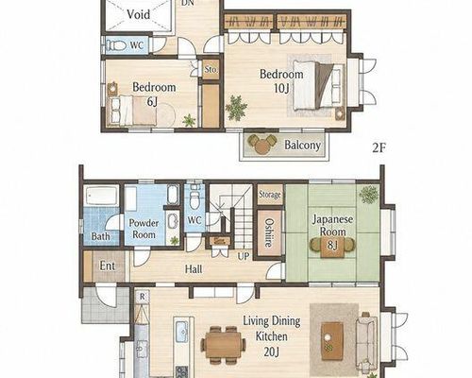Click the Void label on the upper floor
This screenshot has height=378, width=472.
click(x=139, y=14)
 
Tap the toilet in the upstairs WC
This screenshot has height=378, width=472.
click(x=116, y=45)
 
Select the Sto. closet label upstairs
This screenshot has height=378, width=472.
click(x=211, y=70)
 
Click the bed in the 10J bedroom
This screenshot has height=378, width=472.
click(x=317, y=85)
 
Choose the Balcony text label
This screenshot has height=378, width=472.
click(x=302, y=146)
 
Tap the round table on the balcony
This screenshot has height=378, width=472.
click(x=261, y=146)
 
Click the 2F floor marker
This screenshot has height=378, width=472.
click(x=379, y=147)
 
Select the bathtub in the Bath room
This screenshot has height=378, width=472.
click(x=101, y=196)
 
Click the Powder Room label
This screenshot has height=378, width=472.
click(x=143, y=229)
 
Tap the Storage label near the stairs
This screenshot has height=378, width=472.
click(x=269, y=195)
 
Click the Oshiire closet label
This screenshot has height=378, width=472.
click(x=268, y=233)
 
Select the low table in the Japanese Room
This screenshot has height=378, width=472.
click(x=332, y=246)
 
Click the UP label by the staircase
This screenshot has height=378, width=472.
click(x=244, y=256)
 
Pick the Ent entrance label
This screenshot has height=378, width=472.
click(x=108, y=266)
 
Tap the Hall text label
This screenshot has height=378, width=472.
click(x=194, y=269)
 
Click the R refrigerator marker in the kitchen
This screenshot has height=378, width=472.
click(x=143, y=297)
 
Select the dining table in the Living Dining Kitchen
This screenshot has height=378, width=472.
click(x=224, y=345)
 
